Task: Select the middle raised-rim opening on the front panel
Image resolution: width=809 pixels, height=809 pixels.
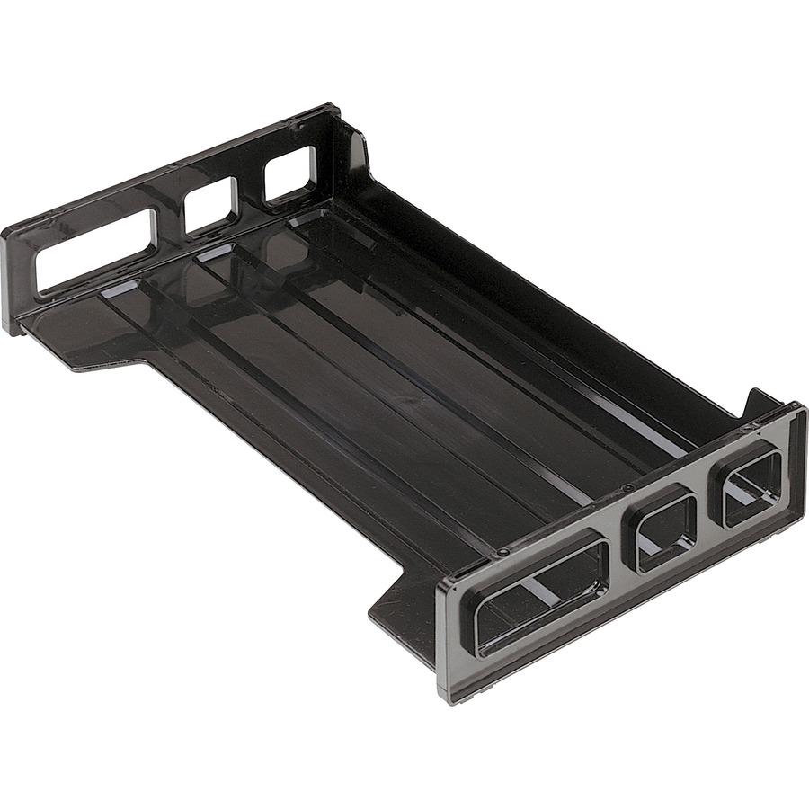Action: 666,529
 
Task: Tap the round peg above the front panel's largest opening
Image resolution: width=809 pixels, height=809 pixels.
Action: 505,551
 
